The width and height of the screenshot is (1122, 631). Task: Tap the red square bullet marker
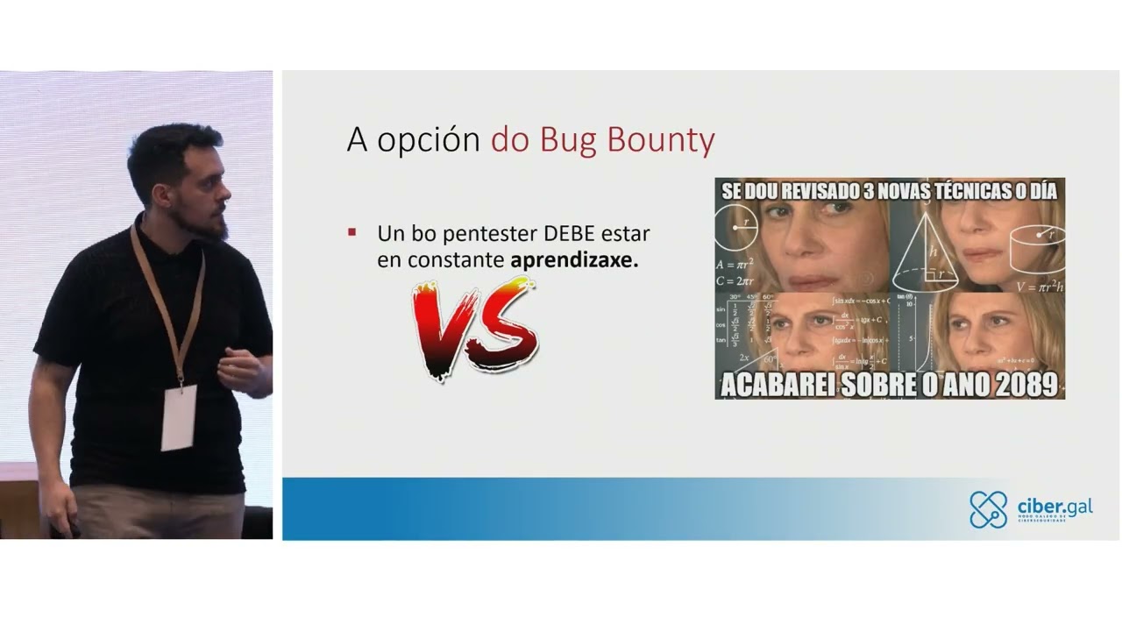(x=352, y=232)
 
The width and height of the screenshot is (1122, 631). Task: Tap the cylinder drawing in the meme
(x=1035, y=245)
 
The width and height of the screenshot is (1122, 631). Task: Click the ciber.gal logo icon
(x=988, y=510)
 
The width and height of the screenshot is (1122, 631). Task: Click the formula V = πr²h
(x=1040, y=286)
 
